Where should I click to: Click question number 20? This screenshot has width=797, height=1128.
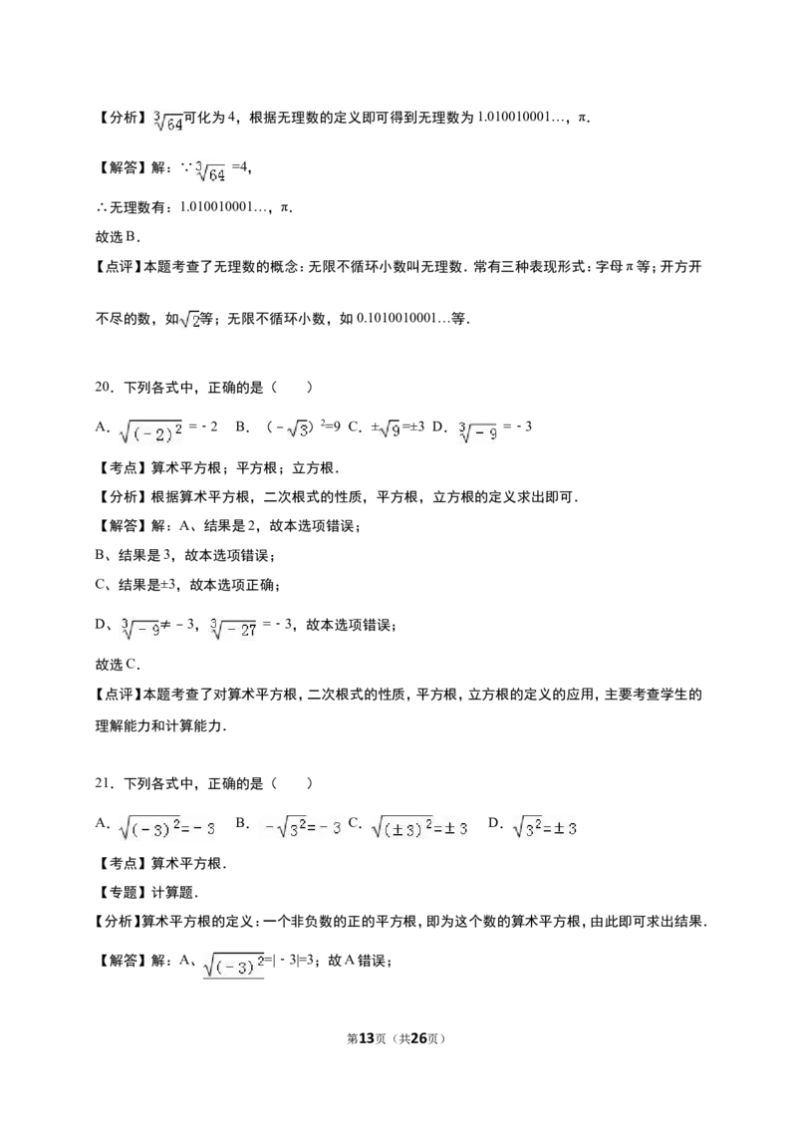[x=105, y=387]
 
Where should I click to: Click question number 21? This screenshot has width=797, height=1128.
[x=105, y=783]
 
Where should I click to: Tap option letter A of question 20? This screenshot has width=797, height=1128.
[x=103, y=426]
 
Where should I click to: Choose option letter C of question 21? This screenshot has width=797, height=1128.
[x=355, y=823]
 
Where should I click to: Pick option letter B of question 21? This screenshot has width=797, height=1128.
[x=242, y=823]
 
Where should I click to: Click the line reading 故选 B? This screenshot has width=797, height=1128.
[x=118, y=236]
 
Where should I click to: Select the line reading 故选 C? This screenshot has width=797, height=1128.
[x=118, y=664]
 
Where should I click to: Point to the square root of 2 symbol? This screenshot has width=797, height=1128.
[x=190, y=319]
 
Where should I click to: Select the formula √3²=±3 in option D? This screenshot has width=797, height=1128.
[x=544, y=827]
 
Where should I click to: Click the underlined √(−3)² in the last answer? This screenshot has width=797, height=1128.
[x=234, y=964]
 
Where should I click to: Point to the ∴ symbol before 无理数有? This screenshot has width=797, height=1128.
[x=101, y=208]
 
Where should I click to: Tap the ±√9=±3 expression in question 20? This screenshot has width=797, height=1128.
[x=398, y=428]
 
